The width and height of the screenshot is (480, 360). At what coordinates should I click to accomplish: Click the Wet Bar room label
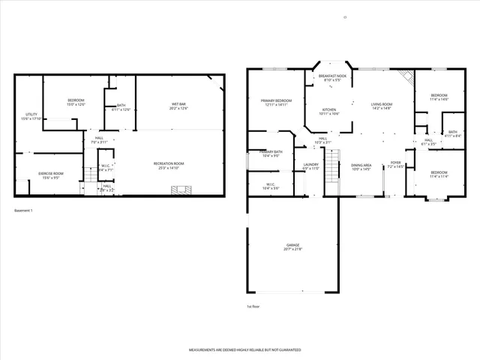(x=179, y=106)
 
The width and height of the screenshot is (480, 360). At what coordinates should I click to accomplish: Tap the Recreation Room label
(x=169, y=165)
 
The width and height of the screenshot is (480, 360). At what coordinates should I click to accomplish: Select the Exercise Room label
(x=51, y=175)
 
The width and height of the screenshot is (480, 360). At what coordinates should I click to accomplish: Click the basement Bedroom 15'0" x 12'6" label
(x=76, y=103)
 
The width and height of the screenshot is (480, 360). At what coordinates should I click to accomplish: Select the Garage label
(x=292, y=247)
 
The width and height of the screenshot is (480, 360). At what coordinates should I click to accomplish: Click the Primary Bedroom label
(x=276, y=103)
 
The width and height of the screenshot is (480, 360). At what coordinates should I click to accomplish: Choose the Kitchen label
(x=330, y=111)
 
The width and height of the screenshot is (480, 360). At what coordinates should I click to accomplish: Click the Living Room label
(x=382, y=106)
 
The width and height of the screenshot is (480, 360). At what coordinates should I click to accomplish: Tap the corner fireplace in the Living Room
(x=406, y=77)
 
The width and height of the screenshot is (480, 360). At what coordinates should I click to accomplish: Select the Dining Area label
(x=361, y=166)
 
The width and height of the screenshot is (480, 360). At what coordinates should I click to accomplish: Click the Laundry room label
(x=310, y=166)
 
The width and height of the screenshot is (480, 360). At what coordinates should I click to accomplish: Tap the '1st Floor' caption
(x=253, y=306)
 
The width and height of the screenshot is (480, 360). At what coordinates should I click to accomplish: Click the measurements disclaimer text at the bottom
(x=244, y=350)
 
